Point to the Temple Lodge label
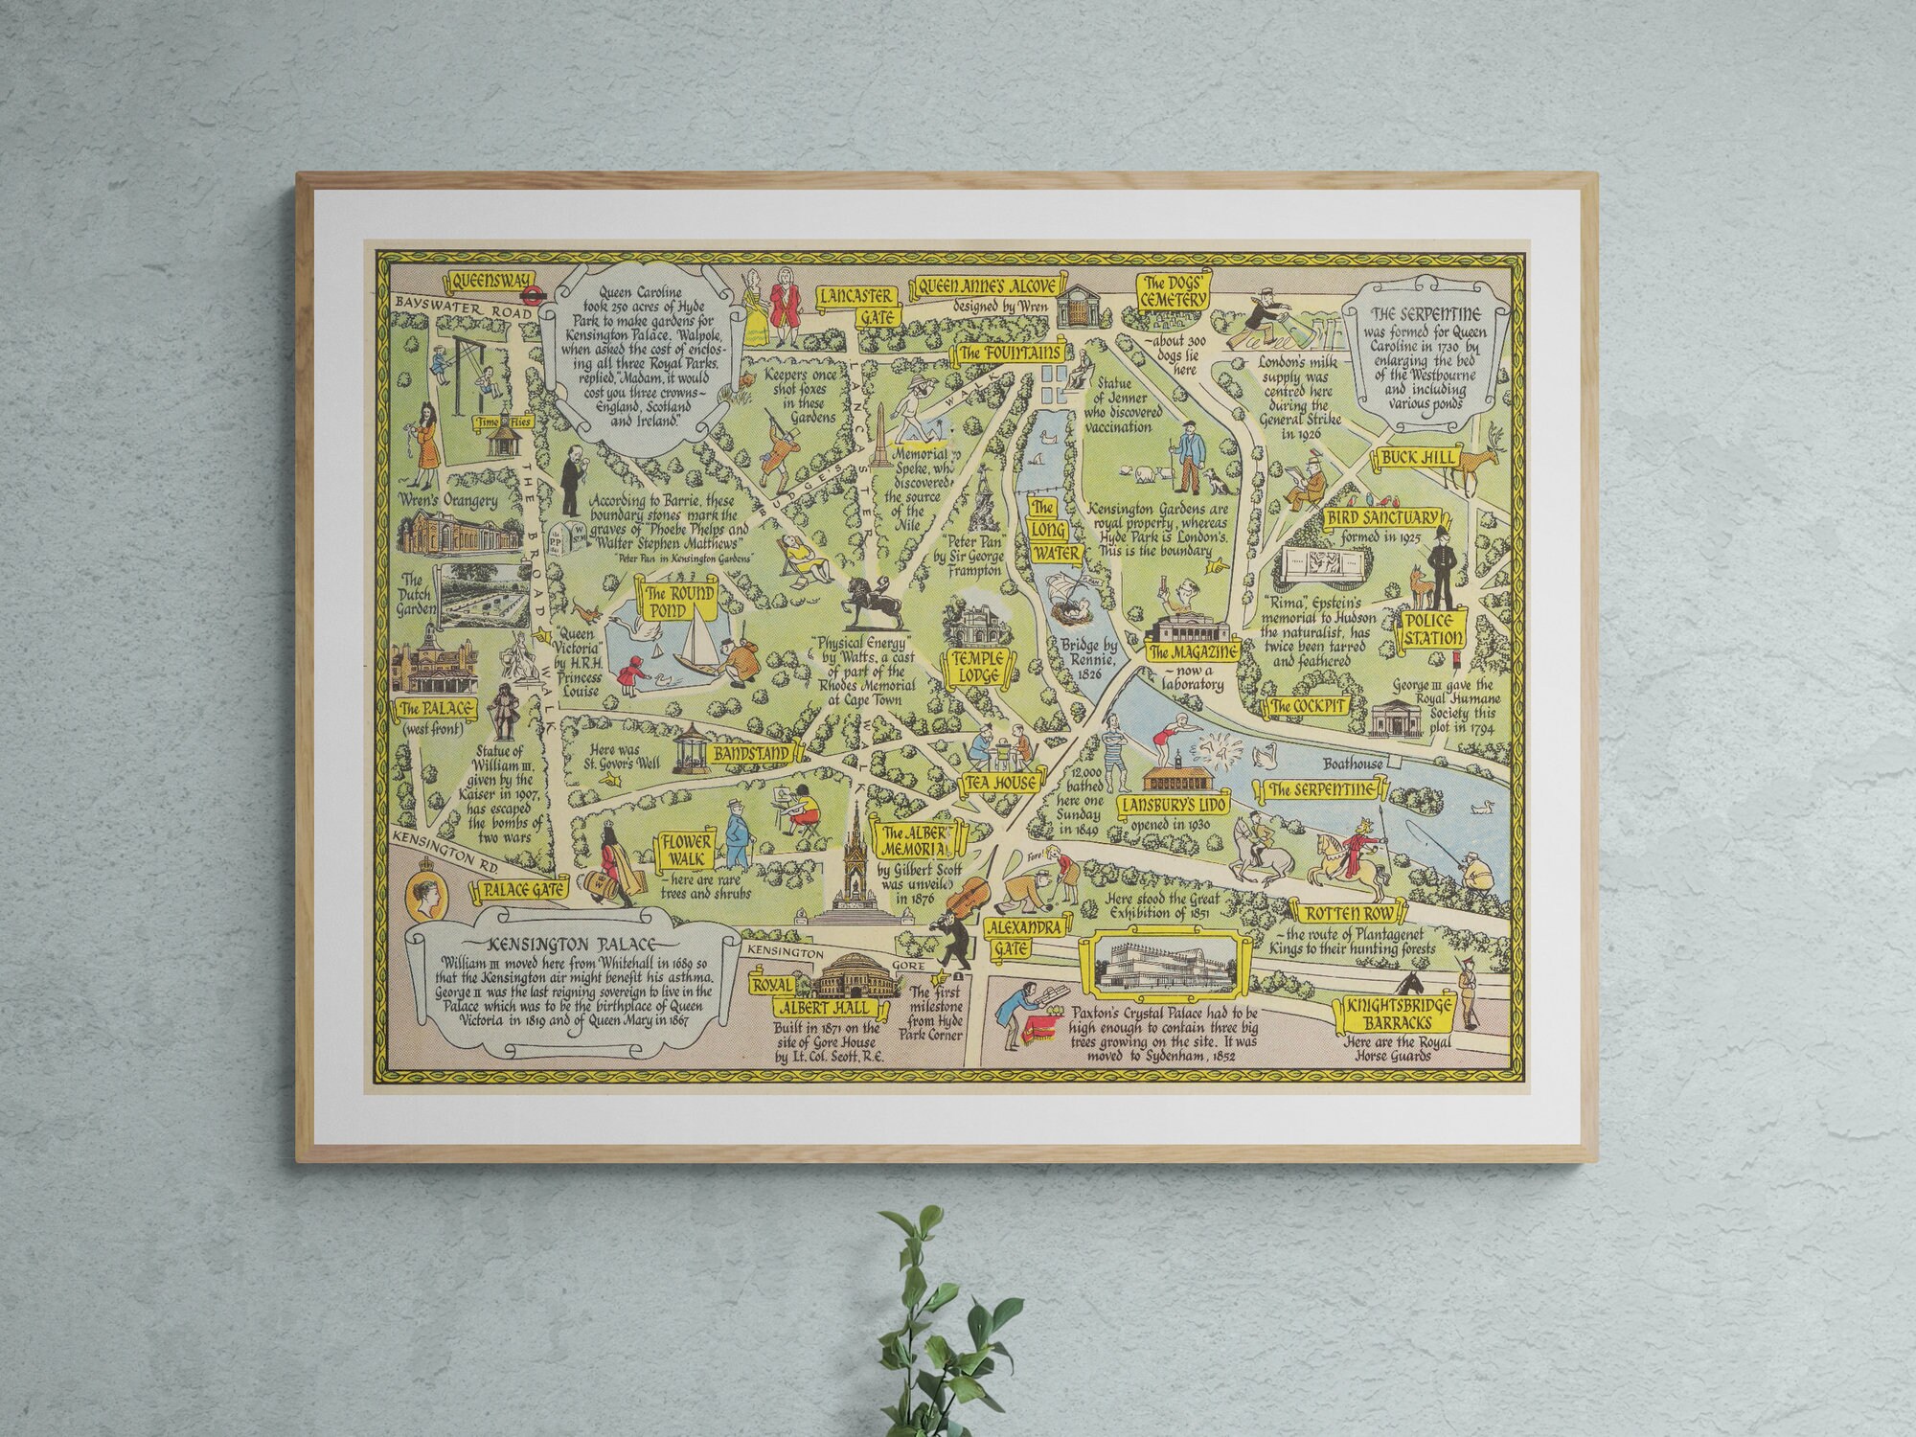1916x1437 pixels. point(976,666)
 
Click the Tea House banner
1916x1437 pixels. point(1001,784)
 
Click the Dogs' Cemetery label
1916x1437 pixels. point(1173,290)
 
